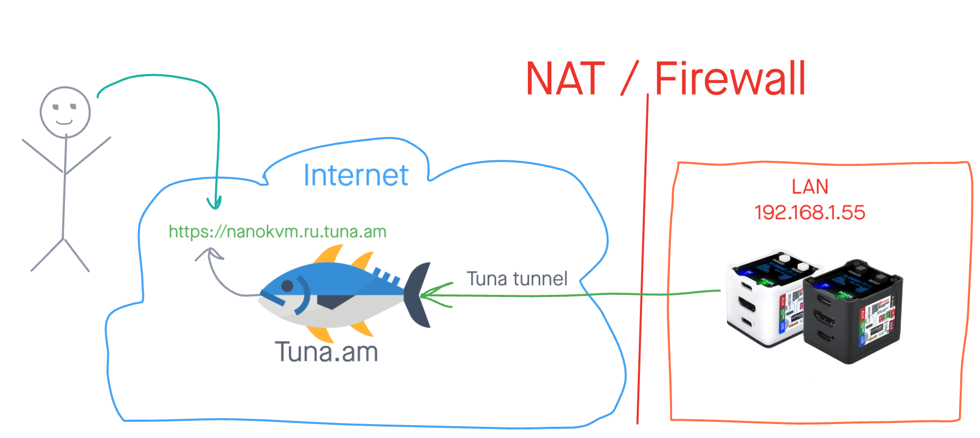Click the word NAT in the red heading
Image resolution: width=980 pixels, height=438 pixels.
pyautogui.click(x=565, y=79)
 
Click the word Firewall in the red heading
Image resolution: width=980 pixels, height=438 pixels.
pyautogui.click(x=730, y=79)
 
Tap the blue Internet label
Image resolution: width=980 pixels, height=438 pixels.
pyautogui.click(x=356, y=175)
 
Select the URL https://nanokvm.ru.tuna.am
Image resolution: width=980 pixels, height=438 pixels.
pyautogui.click(x=277, y=232)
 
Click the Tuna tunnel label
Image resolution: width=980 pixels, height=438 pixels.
pyautogui.click(x=517, y=279)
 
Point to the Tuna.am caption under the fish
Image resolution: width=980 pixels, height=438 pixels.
pyautogui.click(x=326, y=352)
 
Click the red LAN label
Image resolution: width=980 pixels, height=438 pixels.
pyautogui.click(x=809, y=187)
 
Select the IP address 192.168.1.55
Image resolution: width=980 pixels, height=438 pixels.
pyautogui.click(x=809, y=213)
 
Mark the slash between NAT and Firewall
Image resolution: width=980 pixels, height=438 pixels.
pyautogui.click(x=630, y=78)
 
